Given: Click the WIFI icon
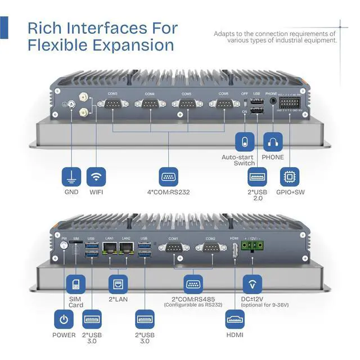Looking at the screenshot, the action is [97, 177].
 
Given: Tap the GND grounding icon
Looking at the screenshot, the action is [71, 177].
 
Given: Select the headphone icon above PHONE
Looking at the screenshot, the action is [273, 141].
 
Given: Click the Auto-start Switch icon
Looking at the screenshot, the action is [244, 141].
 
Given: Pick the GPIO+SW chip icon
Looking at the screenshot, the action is [290, 177].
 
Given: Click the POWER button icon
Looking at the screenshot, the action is [64, 319].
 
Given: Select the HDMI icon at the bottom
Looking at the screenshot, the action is [235, 319].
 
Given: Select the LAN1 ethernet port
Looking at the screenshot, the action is [110, 249].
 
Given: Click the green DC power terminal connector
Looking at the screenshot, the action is [251, 245].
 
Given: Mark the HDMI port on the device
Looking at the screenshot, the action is [235, 251].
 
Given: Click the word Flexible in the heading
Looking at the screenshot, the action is [58, 44].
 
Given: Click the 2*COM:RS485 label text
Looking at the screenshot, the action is [193, 298].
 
